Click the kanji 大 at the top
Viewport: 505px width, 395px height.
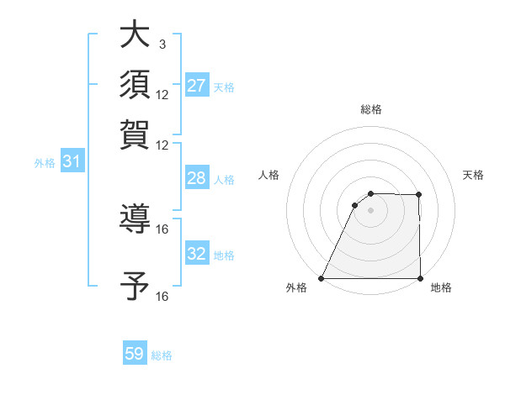pos(135,34)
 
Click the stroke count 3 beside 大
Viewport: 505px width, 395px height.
pos(162,44)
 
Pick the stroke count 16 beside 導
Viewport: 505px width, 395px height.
pos(162,229)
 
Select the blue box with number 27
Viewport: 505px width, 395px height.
pos(197,86)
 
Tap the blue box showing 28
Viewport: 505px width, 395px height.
pos(197,178)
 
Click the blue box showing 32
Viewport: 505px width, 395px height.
pos(197,254)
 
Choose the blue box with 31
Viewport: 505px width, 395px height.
pos(72,162)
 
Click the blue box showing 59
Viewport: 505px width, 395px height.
pos(135,354)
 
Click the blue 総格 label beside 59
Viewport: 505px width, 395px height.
pos(162,355)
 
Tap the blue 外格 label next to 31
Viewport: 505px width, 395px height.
pos(45,163)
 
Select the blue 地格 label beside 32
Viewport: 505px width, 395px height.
pos(224,255)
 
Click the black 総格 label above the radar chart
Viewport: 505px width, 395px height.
pos(370,109)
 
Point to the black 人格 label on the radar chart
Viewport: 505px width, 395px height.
pos(269,175)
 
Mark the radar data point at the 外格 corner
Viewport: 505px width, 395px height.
pos(322,278)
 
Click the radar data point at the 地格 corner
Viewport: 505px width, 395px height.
pos(419,278)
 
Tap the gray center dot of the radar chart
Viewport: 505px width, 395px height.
pos(370,210)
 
